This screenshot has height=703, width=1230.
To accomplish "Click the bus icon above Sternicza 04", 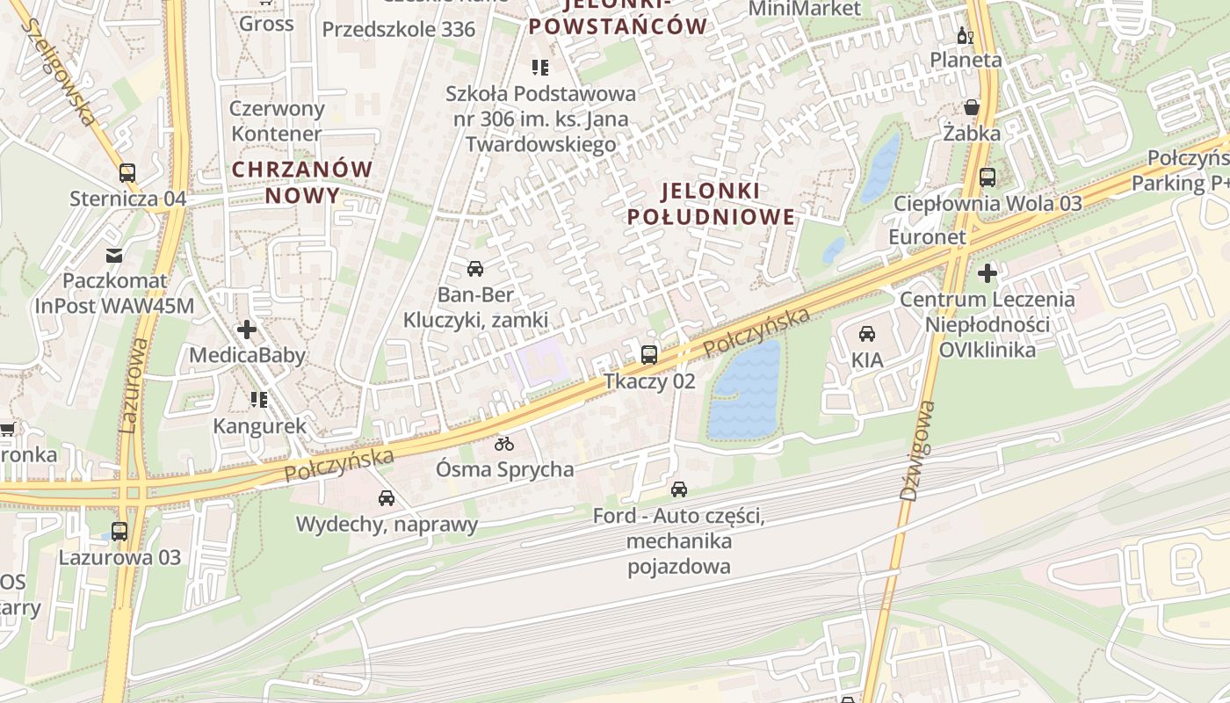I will (x=127, y=172).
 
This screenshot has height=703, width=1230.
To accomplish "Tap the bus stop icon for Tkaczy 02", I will (x=649, y=355).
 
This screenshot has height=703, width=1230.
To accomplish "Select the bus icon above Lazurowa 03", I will (x=119, y=532).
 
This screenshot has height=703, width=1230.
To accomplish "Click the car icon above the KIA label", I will (x=867, y=334).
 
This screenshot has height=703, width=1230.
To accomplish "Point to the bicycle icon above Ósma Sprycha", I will (x=503, y=444).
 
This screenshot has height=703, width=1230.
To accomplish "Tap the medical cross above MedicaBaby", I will (x=247, y=330).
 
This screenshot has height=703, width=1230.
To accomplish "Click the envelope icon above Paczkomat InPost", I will (x=114, y=256).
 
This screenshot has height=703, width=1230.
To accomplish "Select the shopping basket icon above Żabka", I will (x=972, y=108).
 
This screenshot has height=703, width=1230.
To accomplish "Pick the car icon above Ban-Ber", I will (x=475, y=269).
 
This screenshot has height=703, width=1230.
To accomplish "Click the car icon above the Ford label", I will (x=679, y=489).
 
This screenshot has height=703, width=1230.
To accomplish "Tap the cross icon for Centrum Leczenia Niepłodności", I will (x=988, y=273).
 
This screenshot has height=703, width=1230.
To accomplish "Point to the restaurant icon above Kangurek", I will (x=259, y=400).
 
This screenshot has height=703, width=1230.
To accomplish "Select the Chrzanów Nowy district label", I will (x=302, y=181).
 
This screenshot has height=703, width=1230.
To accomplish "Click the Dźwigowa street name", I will (x=919, y=451).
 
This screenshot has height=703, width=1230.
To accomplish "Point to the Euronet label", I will (x=927, y=237).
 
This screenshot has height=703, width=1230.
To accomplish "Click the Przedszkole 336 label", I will (x=398, y=30).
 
